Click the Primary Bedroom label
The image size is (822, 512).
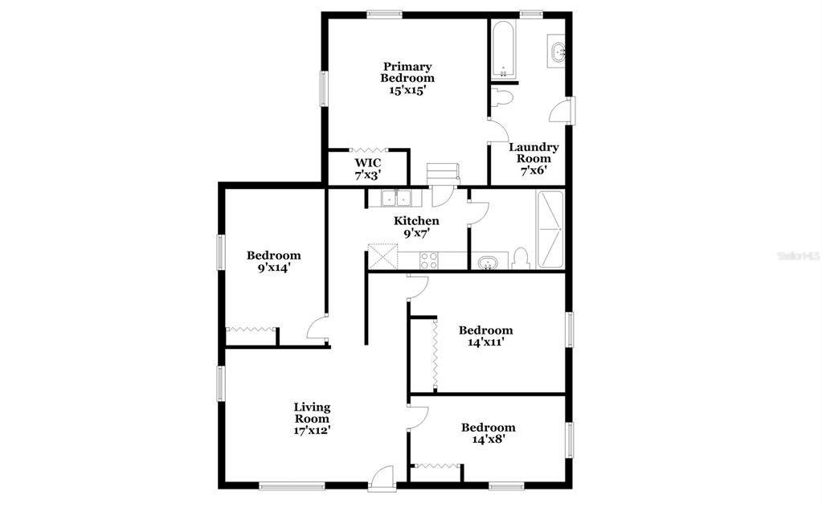coord(407,72)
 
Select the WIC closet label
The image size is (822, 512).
coord(368,163)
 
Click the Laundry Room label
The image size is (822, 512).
coord(534,153)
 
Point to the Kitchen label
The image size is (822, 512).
coord(417,221)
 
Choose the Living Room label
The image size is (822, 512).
coord(312,412)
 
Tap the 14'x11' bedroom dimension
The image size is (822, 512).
coord(485,342)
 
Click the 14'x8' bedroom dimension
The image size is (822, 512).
coord(488,439)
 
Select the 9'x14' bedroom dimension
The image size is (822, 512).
coord(274,267)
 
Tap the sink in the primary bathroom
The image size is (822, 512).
coord(557,51)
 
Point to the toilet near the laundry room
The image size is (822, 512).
coord(503,98)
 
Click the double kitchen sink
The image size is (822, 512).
coord(395,199)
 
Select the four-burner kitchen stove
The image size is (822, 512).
coord(429,260)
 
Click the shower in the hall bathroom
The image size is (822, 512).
coord(550,230)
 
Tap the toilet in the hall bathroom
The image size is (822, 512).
coord(521,259)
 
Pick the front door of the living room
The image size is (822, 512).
coord(382,478)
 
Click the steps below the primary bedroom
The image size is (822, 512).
coord(443,174)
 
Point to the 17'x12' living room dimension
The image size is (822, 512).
coord(312,430)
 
